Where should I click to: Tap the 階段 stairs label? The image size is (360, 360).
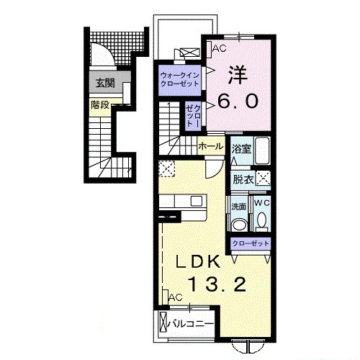pos(100,104)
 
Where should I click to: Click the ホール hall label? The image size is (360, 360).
pos(210,146)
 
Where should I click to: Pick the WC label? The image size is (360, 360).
pos(261,204)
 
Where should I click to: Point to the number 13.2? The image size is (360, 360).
pos(220,284)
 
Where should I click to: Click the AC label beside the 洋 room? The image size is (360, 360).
pos(219,48)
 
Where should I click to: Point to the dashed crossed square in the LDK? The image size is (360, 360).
pos(167,170)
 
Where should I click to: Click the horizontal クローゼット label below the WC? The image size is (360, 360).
pos(251,243)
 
